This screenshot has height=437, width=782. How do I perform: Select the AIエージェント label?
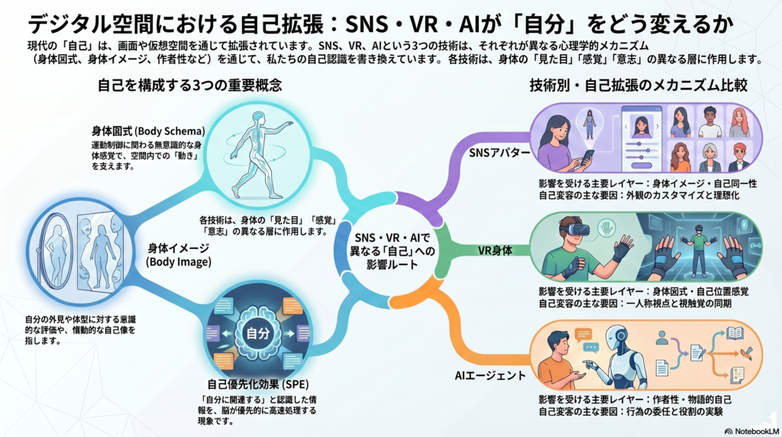pos(490,375)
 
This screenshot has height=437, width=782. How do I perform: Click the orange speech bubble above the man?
pos(584,334)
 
